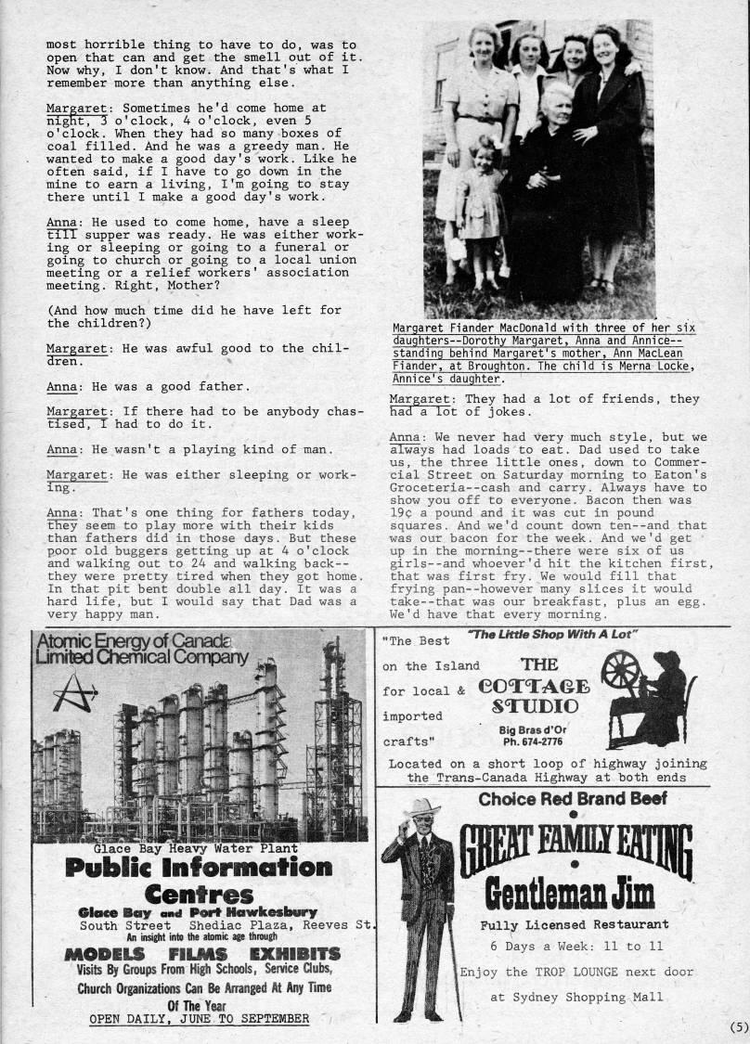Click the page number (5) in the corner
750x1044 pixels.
pyautogui.click(x=738, y=1026)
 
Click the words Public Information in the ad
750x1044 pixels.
pyautogui.click(x=199, y=869)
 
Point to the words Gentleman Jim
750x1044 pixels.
pyautogui.click(x=570, y=894)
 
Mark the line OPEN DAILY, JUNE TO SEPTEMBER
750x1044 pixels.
pyautogui.click(x=199, y=1018)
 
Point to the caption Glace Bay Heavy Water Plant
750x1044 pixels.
pyautogui.click(x=195, y=847)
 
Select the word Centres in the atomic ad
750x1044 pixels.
pyautogui.click(x=199, y=896)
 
